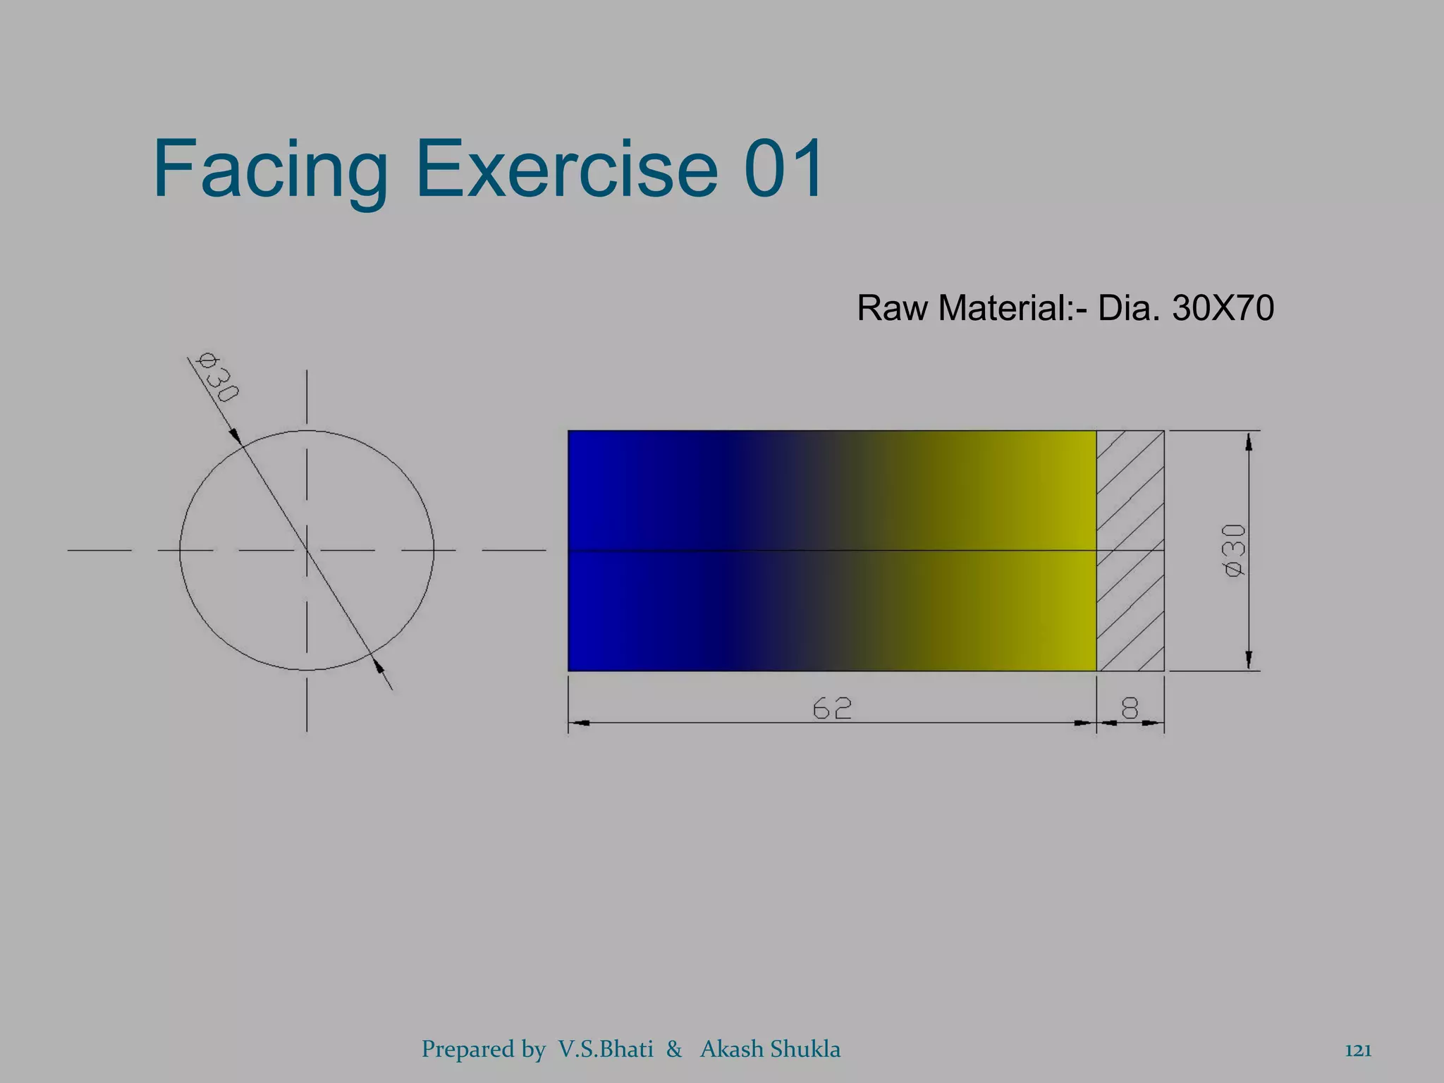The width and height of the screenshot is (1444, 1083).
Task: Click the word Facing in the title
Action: pyautogui.click(x=270, y=169)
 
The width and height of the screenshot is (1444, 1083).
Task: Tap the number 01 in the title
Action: pyautogui.click(x=784, y=169)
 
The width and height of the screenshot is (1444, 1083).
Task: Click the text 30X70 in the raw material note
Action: pyautogui.click(x=1223, y=308)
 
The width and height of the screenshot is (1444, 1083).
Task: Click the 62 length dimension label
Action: pyautogui.click(x=832, y=708)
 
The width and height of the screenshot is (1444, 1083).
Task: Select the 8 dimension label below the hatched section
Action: pyautogui.click(x=1130, y=707)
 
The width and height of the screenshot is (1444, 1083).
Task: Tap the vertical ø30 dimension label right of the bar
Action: pyautogui.click(x=1235, y=550)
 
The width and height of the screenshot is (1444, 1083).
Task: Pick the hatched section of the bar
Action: pyautogui.click(x=1130, y=550)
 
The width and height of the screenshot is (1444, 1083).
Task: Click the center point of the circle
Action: pyautogui.click(x=307, y=550)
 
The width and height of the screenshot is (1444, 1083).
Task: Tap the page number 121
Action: pyautogui.click(x=1358, y=1050)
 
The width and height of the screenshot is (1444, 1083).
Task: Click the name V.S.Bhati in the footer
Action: pyautogui.click(x=606, y=1048)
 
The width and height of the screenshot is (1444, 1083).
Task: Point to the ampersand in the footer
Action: pyautogui.click(x=674, y=1049)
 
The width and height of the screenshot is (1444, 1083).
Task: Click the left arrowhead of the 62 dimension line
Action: pyautogui.click(x=579, y=723)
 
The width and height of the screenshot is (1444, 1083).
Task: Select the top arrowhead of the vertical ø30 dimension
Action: pyautogui.click(x=1249, y=441)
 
